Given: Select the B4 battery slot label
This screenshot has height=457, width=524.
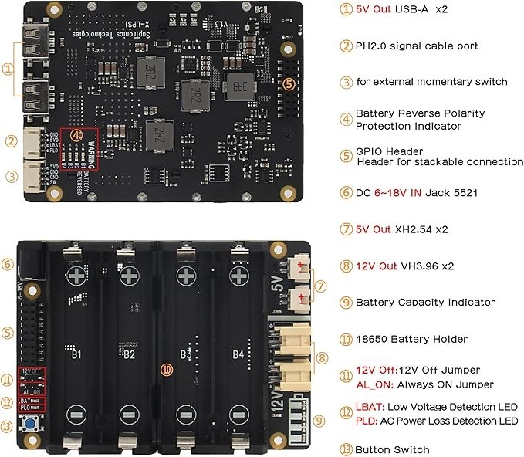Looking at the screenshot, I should pos(241,354).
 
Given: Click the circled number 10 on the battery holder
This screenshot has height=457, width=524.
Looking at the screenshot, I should pos(166,369).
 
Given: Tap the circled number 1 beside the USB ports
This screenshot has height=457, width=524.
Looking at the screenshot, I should pos(8,68).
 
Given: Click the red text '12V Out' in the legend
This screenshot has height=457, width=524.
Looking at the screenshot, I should pos(376,266).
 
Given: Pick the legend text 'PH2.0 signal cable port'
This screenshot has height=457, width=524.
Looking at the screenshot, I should pos(416,46).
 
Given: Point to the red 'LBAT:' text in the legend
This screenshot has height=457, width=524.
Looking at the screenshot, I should pos(367,407).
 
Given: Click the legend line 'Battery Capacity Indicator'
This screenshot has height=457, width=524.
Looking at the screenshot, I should pos(424,303).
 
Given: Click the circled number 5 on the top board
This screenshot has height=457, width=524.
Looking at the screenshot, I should pos(289,83).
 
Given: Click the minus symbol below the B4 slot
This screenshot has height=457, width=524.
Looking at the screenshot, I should pos(241,413).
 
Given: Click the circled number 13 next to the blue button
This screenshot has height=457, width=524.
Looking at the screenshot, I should pos(8,425).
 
